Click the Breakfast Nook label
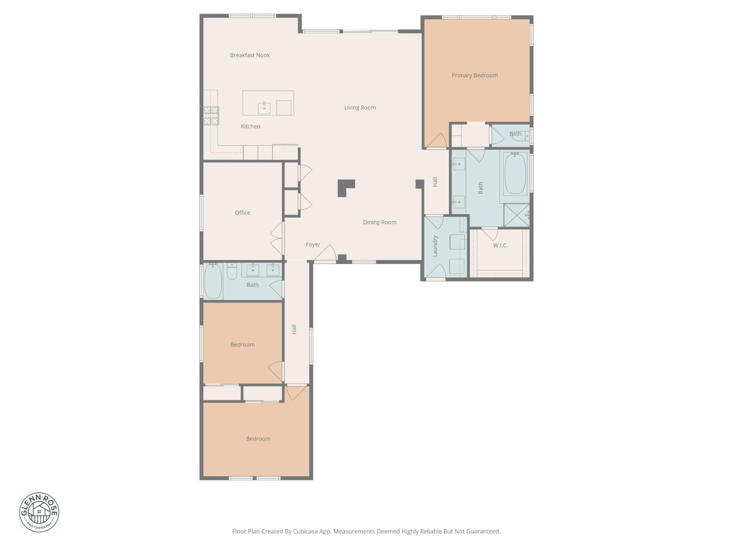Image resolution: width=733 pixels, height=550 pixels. pyautogui.click(x=250, y=55)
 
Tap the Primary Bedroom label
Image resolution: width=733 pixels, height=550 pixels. pyautogui.click(x=474, y=75)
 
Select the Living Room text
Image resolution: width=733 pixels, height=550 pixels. pyautogui.click(x=360, y=108)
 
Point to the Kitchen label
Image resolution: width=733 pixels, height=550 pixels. pyautogui.click(x=250, y=126)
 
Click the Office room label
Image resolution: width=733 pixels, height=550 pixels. pyautogui.click(x=242, y=213)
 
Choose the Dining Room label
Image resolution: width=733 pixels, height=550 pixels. pyautogui.click(x=379, y=222)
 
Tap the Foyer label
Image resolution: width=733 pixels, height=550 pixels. pyautogui.click(x=313, y=244)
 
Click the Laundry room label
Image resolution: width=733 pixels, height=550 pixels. pyautogui.click(x=435, y=246)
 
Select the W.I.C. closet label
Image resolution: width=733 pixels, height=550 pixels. pyautogui.click(x=500, y=245)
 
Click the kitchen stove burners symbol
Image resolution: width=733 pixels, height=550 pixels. pyautogui.click(x=211, y=115)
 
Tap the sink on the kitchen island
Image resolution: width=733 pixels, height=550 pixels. pyautogui.click(x=264, y=108)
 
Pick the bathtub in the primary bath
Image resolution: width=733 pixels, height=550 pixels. pyautogui.click(x=515, y=174)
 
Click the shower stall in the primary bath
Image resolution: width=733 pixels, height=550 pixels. pyautogui.click(x=517, y=216)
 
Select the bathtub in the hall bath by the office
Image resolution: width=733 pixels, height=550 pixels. pyautogui.click(x=213, y=281)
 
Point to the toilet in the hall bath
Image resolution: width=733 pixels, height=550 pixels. pyautogui.click(x=232, y=271)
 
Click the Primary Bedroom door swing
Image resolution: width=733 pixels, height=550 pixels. pyautogui.click(x=437, y=141)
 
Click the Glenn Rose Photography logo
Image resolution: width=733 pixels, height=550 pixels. pyautogui.click(x=39, y=512)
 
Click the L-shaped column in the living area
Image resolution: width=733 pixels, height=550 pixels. pyautogui.click(x=345, y=187)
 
